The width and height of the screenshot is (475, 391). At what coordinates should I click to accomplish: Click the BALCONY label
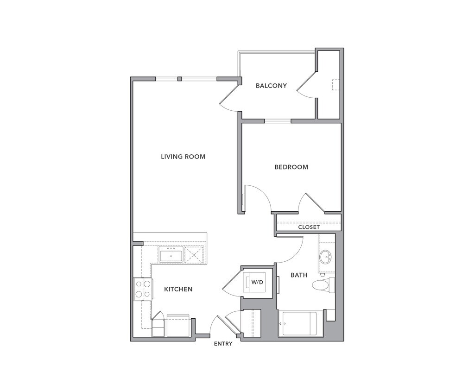point(271,86)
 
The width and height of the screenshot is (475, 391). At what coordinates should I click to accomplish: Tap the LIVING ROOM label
point(183,157)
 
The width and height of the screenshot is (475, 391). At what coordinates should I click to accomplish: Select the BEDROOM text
point(291,167)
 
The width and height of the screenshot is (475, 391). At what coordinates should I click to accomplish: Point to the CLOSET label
point(309,227)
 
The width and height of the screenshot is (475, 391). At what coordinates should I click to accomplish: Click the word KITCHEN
point(178,290)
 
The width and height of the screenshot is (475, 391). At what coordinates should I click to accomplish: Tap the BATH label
point(299,275)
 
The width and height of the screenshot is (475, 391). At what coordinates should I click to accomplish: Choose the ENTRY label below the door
point(223,344)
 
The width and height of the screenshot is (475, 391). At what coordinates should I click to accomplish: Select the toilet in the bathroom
point(323,285)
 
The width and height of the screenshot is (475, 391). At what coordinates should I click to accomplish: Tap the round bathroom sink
point(326,257)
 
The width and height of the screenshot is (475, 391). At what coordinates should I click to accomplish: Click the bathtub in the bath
point(300,323)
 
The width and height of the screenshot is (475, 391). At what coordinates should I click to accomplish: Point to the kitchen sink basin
point(171,255)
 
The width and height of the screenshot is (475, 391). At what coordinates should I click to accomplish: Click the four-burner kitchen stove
point(143,289)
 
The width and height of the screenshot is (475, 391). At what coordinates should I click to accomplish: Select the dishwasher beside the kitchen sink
point(194,254)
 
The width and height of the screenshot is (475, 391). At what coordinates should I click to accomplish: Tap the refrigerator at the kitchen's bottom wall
point(178,326)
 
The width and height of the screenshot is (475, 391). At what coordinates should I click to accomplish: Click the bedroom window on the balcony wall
point(278,121)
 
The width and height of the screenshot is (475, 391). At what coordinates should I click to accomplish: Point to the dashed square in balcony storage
point(336,85)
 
